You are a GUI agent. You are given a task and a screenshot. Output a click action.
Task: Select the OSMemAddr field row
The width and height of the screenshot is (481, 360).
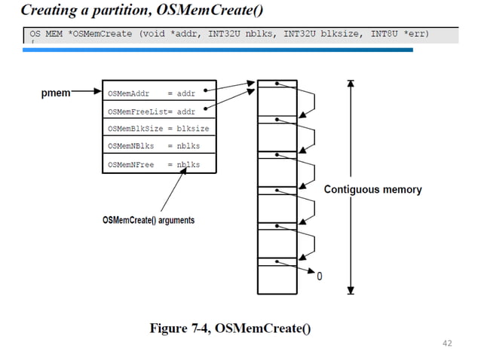pos(159,93)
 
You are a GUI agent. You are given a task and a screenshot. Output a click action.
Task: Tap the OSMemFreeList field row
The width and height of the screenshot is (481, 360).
pos(159,111)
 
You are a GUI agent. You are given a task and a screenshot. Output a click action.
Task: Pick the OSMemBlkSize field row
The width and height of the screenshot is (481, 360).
pos(159,128)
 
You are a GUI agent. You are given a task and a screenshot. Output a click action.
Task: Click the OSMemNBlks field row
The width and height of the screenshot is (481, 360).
pos(159,146)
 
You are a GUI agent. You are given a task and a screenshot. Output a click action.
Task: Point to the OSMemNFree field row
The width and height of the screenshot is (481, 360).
pos(159,163)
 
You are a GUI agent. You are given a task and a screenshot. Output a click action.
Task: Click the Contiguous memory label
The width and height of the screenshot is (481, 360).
pos(372,190)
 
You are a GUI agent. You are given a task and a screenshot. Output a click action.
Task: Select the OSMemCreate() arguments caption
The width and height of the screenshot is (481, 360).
pos(148,220)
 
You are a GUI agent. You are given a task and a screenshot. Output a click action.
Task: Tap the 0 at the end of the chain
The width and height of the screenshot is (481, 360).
pos(319,276)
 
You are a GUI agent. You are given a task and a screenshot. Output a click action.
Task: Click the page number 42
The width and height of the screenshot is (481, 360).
pos(447,343)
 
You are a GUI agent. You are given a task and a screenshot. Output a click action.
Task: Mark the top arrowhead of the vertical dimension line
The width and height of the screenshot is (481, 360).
pos(351,83)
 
